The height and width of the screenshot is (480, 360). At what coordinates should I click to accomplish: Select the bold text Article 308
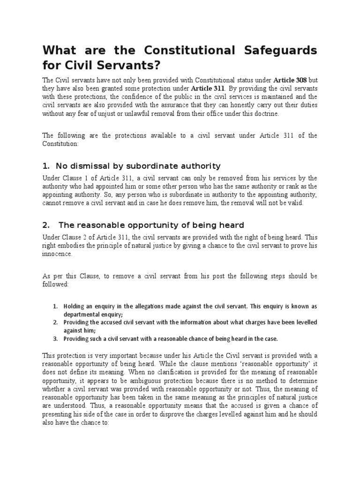pos(289,80)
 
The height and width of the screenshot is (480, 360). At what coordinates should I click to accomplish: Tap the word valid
pos(295,203)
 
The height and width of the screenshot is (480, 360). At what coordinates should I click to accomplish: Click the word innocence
pos(57,254)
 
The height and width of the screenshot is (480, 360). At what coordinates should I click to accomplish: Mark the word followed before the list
pos(55,284)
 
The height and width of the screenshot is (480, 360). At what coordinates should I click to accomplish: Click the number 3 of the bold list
pos(55,338)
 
